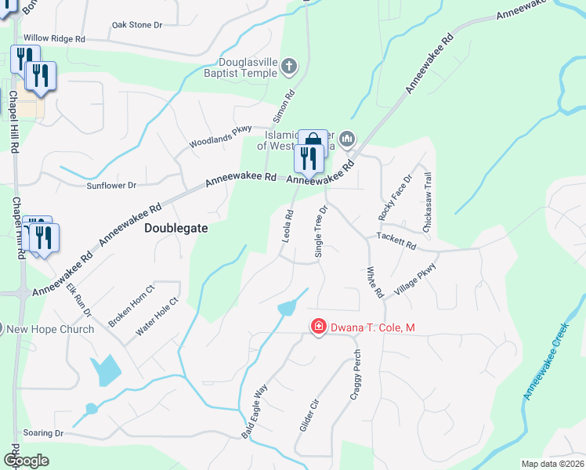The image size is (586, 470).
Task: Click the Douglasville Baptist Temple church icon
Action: (x=289, y=67)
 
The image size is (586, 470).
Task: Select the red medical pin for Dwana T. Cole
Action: (x=319, y=327)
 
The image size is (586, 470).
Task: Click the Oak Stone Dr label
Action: (x=136, y=25)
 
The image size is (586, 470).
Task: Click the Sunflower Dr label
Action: (x=111, y=186)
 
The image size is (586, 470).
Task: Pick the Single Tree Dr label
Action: (x=320, y=232)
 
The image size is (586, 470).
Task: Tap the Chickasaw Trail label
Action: (x=427, y=201)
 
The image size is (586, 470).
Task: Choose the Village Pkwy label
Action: (x=416, y=280)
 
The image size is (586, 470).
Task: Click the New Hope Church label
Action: (x=50, y=329)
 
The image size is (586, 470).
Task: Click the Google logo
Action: (x=26, y=461)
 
